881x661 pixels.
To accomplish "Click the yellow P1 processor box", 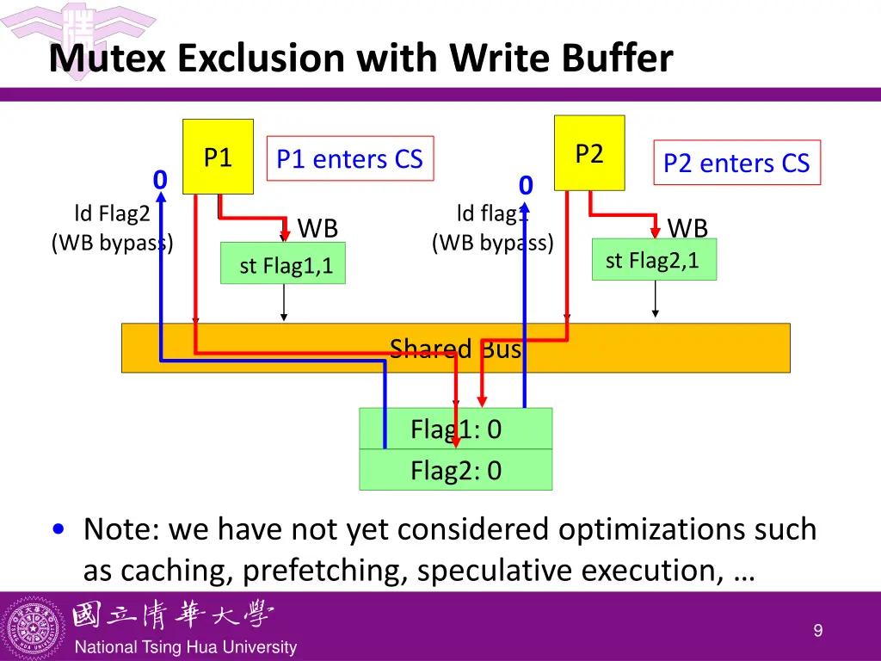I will point(218,157).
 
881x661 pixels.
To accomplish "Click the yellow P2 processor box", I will point(589,152).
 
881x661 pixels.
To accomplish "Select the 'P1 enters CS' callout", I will point(350,159).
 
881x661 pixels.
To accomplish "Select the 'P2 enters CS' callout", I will point(736,163).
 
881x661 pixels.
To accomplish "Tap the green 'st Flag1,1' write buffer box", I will point(283,263).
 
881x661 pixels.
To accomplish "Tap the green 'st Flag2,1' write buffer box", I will point(654,259).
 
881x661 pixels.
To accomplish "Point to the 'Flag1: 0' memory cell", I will point(456,429).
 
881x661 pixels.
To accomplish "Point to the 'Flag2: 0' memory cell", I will point(456,470).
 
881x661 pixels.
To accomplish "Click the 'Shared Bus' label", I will point(455,349).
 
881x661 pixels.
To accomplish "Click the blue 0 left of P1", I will point(159,180).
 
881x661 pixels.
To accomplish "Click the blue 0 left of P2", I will point(526,185).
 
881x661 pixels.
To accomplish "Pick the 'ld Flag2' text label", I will point(112,213).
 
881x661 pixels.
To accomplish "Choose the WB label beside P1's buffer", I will point(317,228).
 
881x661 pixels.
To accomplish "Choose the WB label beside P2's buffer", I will point(687,228).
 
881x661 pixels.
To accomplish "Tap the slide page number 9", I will point(818,631).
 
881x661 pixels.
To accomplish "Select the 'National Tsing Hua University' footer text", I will point(186,647).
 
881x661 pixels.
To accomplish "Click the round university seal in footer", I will point(34,626).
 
